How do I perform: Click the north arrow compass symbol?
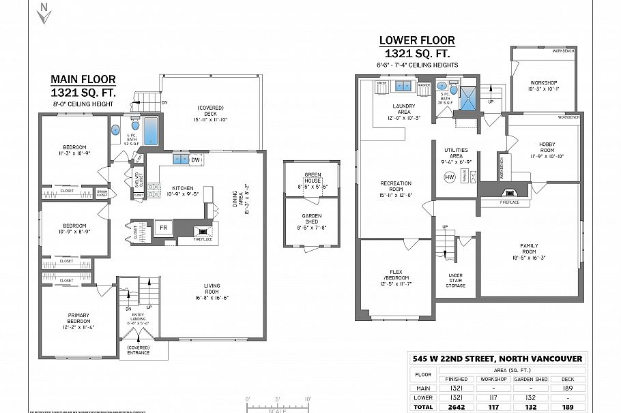coord(44,13)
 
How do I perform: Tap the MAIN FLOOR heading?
coord(82,79)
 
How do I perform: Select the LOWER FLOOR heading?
coord(416,41)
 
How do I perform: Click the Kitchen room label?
coord(182,190)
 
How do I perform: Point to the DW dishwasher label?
coord(195,160)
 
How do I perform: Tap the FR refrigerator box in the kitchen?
coord(164,227)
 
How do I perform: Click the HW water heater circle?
coord(450,177)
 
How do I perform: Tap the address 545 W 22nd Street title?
coord(497,358)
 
